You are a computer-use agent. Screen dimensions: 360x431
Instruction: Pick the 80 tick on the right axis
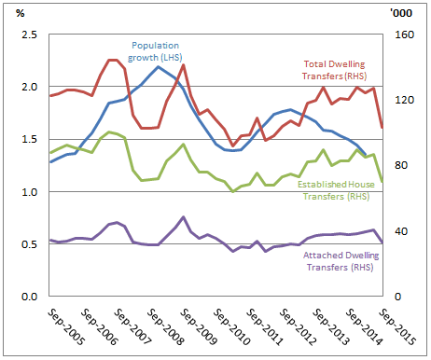point(396,166)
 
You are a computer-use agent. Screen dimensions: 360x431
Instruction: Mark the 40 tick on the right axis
point(396,231)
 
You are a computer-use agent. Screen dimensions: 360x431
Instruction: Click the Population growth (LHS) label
point(158,50)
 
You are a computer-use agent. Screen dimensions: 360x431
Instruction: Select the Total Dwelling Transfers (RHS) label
point(335,69)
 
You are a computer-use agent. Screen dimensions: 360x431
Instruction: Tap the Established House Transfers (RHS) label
point(334,190)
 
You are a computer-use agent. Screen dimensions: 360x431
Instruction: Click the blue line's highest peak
point(159,66)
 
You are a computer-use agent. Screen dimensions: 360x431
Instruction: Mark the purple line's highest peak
point(183,217)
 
